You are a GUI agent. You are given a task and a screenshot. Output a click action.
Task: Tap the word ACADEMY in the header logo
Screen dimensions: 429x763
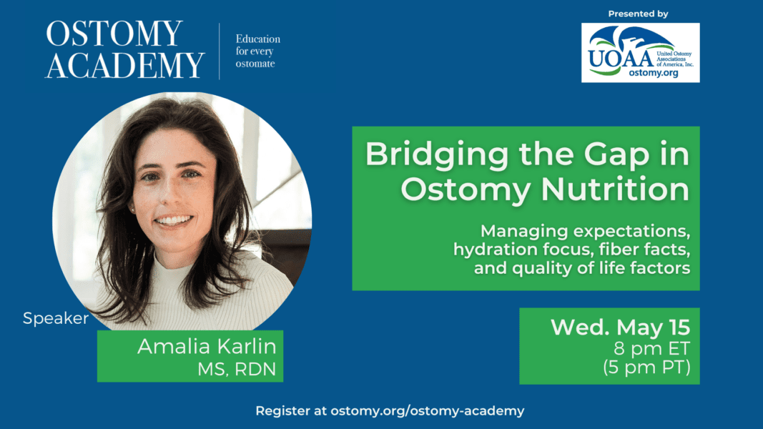coord(125,65)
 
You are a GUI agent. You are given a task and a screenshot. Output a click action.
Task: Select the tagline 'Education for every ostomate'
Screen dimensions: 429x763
coord(258,51)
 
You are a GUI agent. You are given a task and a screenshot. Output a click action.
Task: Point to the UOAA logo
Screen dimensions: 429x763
coord(640,52)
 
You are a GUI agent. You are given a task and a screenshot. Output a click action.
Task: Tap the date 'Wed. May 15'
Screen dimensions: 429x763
coord(620,327)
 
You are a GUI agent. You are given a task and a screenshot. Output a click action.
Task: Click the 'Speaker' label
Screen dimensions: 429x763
coord(56,318)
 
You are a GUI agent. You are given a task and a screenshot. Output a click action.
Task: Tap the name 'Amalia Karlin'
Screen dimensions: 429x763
coord(207,347)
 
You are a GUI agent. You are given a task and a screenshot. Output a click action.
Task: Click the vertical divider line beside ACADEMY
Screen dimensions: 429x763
coord(220,51)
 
